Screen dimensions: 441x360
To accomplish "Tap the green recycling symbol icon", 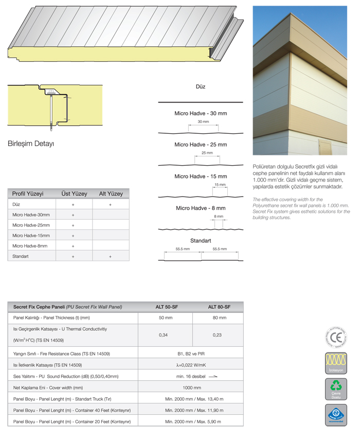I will (x=336, y=386).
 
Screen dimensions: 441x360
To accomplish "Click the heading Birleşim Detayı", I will (x=31, y=143).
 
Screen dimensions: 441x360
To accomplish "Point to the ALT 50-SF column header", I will (x=167, y=307).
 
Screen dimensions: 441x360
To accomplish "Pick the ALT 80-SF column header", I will (x=219, y=307).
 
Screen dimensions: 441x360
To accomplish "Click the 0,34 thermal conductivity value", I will (x=163, y=335).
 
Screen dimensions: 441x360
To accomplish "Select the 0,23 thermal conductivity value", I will (x=218, y=335).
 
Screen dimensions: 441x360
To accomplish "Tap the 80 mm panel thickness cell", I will (x=219, y=318).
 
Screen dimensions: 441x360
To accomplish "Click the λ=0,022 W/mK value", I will (x=191, y=365).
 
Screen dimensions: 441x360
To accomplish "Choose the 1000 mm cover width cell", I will (x=192, y=387).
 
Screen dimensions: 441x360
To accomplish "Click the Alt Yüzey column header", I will (x=111, y=194).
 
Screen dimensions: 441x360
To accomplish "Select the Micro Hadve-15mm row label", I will (x=31, y=236).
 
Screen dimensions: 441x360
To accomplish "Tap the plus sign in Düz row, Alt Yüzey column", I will (x=110, y=204).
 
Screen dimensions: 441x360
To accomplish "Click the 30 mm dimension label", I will (x=203, y=122).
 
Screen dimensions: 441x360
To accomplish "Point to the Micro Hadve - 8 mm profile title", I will (x=201, y=208).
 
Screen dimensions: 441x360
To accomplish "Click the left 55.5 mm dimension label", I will (x=183, y=249).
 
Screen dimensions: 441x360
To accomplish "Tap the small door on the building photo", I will (x=326, y=147).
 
